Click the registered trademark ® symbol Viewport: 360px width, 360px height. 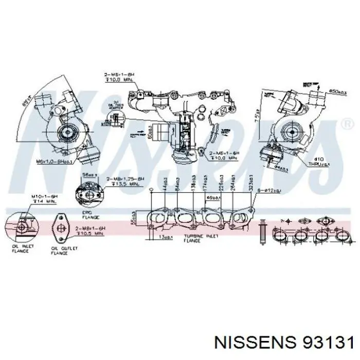347,124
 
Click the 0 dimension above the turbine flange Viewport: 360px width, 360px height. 151,191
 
